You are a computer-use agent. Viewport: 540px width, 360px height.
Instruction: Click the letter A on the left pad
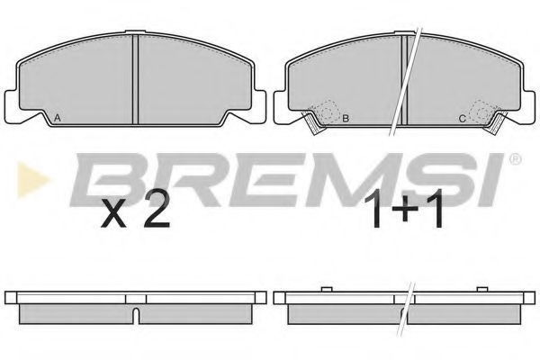click(58, 119)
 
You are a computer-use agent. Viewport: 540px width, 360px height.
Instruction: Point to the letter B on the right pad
click(346, 119)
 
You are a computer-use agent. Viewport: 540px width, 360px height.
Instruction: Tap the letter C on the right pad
click(462, 119)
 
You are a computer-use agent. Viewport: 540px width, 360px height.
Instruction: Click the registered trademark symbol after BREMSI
click(515, 161)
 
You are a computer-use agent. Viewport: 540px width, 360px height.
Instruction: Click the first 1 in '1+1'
click(373, 213)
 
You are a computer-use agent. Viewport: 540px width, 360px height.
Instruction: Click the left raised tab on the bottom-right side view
click(322, 290)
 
